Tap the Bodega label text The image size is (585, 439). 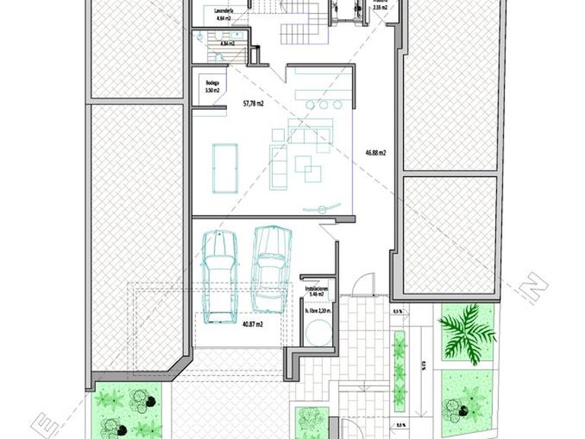pos(212,84)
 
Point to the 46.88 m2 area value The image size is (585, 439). pos(375,152)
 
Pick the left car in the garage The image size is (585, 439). pos(219,274)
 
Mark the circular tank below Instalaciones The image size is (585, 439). pos(318,334)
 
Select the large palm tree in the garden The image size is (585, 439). pos(466,332)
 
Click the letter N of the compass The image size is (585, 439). pos(536,289)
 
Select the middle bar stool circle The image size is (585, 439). pos(310,103)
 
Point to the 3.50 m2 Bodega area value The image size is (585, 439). pos(212,91)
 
